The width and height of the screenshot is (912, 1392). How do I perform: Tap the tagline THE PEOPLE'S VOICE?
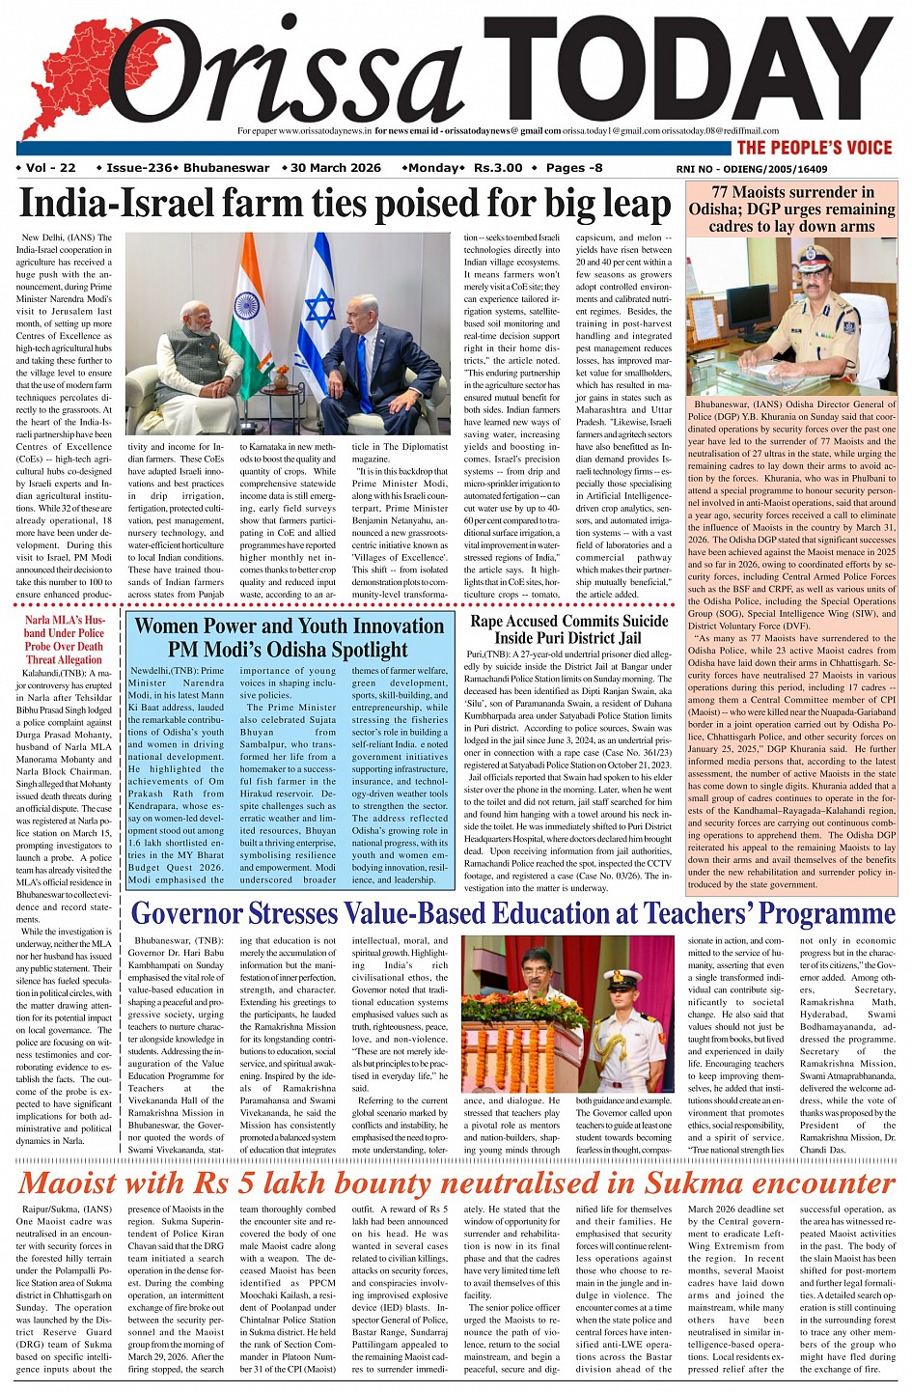point(815,148)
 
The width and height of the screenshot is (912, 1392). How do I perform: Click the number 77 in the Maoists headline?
point(723,192)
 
